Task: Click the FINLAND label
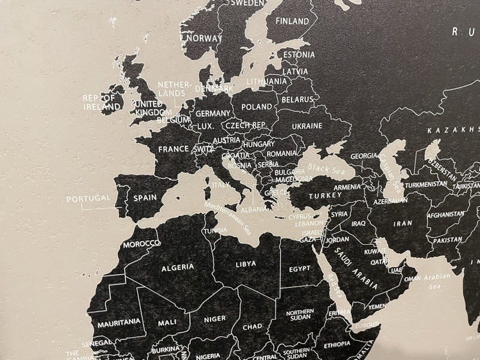tap(292, 21)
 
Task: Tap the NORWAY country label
tap(204, 38)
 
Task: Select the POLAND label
tap(257, 107)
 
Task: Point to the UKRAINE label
tap(307, 127)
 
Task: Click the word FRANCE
tap(175, 149)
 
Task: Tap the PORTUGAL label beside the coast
tap(88, 198)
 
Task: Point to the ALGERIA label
tap(176, 266)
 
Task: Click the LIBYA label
tap(245, 263)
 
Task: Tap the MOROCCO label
tap(142, 244)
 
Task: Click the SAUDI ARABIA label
tap(356, 265)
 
